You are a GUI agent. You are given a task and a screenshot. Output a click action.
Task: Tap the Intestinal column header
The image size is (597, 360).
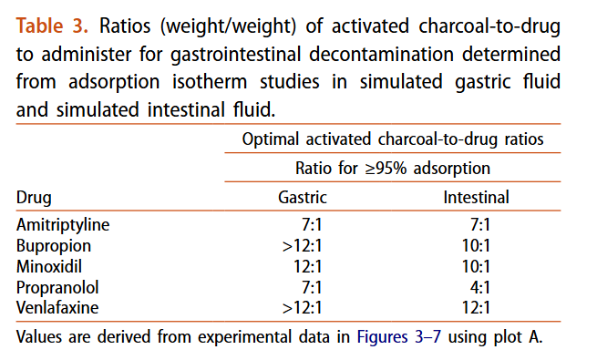pos(476,197)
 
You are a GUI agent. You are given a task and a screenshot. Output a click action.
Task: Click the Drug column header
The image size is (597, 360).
pos(35,197)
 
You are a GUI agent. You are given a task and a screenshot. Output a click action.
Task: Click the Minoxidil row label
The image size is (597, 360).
pos(51,266)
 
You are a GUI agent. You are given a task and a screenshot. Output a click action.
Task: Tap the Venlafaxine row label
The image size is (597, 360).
pos(57,307)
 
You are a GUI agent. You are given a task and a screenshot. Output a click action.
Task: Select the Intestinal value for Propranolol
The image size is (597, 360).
pos(479,287)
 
